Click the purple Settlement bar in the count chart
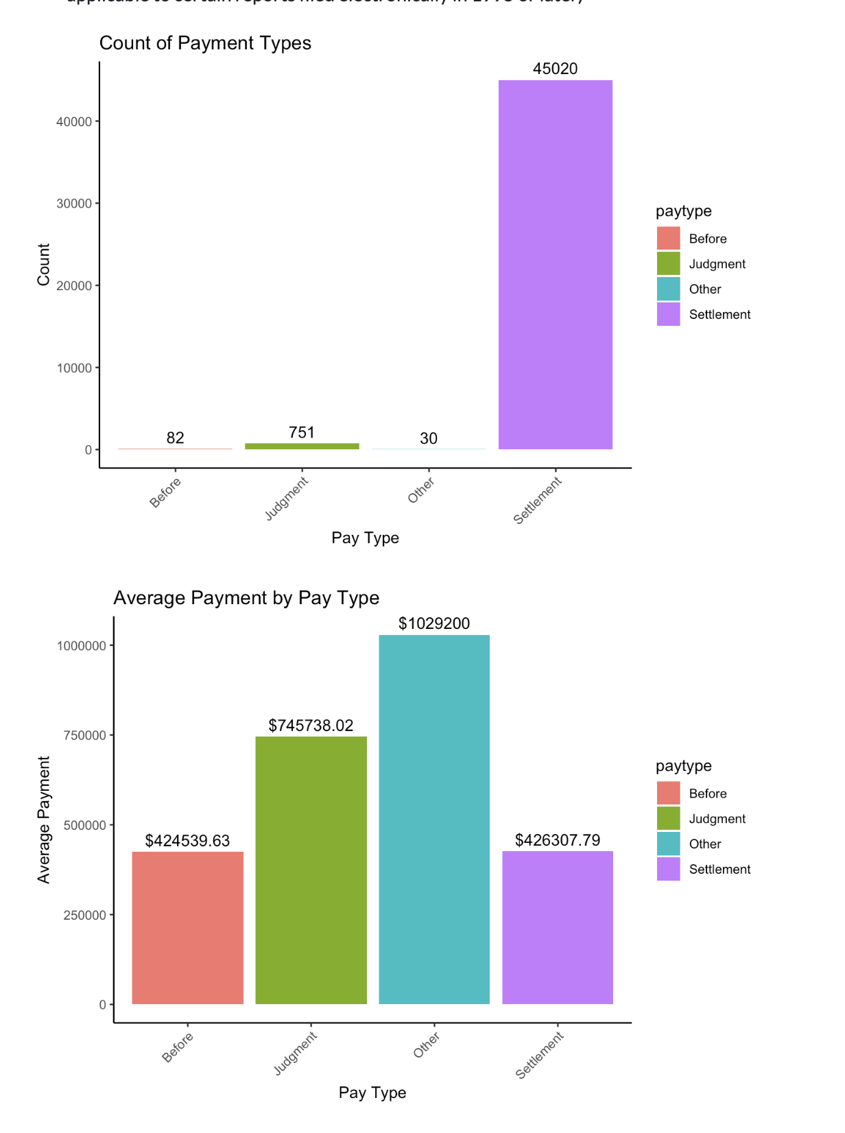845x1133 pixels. [555, 265]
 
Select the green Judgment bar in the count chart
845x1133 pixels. [302, 446]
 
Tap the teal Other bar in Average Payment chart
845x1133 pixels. [434, 819]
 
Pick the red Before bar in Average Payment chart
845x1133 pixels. [187, 927]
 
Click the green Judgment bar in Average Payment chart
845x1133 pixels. [311, 870]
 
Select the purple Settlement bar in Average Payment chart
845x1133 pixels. [558, 927]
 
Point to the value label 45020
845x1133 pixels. [555, 69]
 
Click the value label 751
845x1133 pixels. [302, 433]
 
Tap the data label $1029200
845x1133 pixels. [434, 623]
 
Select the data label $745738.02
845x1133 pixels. [311, 726]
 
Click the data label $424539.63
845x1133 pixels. [187, 841]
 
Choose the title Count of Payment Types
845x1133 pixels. [205, 43]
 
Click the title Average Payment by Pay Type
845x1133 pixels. [246, 598]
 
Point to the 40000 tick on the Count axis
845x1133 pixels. [74, 121]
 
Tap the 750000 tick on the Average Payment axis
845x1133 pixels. [82, 735]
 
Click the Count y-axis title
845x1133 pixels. [44, 265]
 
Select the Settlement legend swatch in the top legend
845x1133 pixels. [668, 314]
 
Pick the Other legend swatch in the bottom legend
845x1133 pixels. [668, 844]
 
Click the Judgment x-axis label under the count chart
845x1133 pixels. [287, 497]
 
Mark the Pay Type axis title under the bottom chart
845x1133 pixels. [372, 1093]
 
